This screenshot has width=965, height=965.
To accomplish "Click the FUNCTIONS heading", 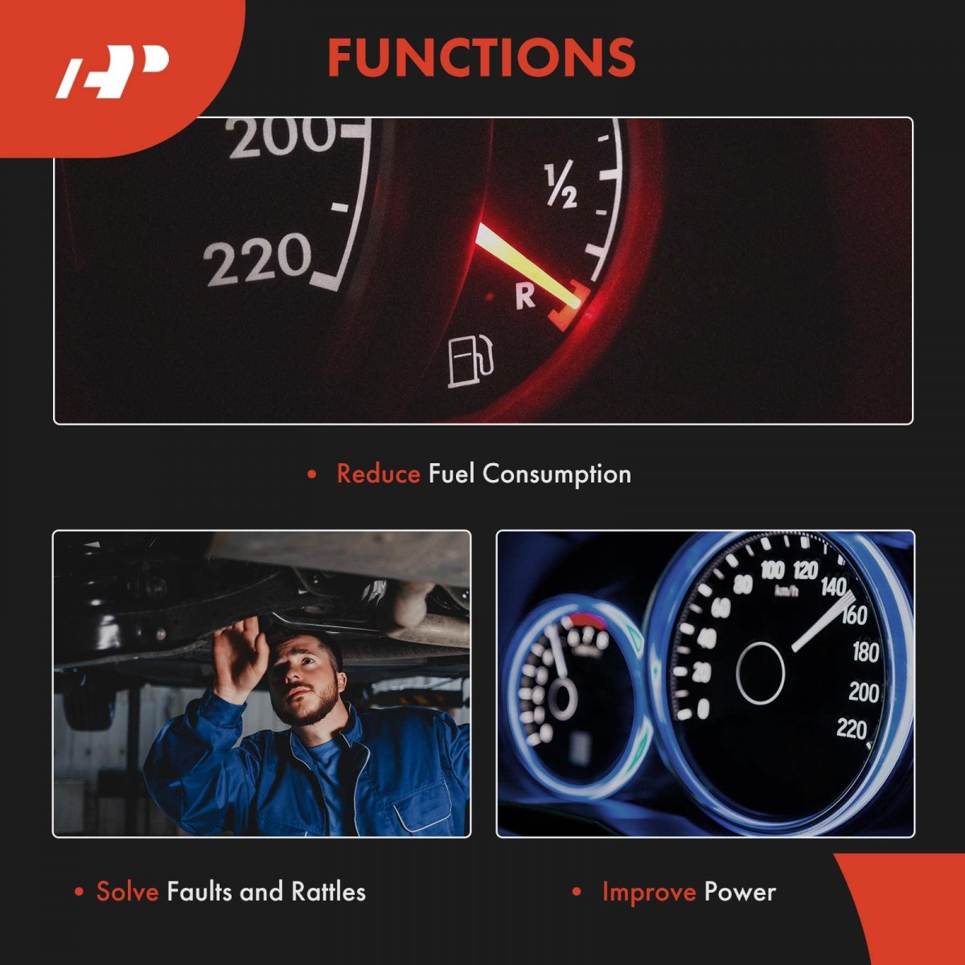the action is [x=481, y=58].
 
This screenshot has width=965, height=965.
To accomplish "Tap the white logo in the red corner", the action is [x=111, y=72].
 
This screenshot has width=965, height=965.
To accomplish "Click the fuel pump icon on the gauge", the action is [x=470, y=362].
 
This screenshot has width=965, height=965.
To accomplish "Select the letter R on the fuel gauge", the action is [x=526, y=297].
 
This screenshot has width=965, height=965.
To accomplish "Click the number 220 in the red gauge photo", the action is [x=258, y=260].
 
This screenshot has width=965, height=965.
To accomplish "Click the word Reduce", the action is [x=379, y=474].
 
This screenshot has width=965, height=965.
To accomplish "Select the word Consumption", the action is [x=556, y=474].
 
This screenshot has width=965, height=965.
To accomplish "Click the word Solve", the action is [x=127, y=892].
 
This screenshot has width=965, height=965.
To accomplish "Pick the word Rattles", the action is [x=329, y=892].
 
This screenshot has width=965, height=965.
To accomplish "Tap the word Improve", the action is [x=649, y=893].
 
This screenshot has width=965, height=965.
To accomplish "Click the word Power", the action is [x=740, y=893].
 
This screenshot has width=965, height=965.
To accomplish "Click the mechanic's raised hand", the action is [x=240, y=659].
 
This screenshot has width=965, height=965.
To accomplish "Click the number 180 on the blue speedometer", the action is [x=866, y=651].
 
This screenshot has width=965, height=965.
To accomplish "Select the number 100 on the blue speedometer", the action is [x=773, y=570].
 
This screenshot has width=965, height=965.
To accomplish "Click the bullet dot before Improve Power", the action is [x=577, y=892].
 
